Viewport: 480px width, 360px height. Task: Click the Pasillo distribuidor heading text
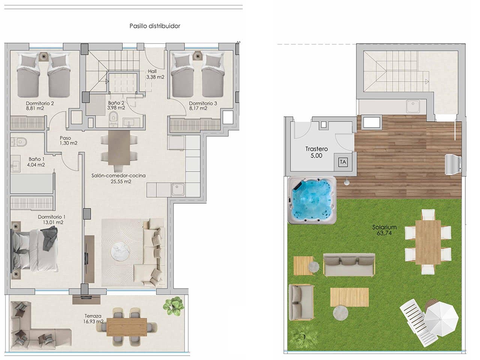pos(154,26)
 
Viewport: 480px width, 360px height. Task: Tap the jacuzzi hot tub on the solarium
pos(312,201)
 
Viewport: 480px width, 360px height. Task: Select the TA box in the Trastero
pos(343,162)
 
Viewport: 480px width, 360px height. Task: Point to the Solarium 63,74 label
pos(384,230)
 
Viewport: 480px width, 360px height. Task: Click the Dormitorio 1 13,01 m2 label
pos(51,219)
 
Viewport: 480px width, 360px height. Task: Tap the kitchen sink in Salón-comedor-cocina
pos(178,189)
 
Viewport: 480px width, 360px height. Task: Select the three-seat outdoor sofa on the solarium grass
pos(349,264)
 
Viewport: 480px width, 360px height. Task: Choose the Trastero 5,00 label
pos(316,152)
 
